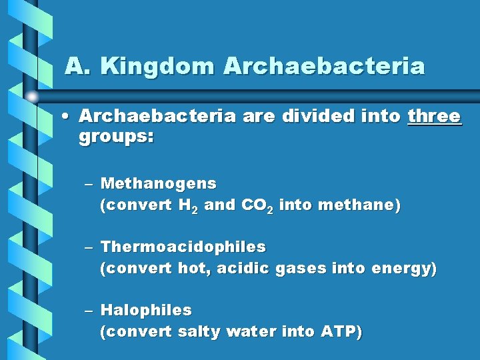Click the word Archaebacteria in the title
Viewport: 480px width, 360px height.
point(324,67)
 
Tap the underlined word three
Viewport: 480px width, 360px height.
point(434,116)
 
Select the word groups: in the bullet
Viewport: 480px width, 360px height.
point(116,137)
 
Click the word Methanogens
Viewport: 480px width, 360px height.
point(158,183)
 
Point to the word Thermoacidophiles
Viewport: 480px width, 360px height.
point(183,247)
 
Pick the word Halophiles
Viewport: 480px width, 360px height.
point(145,310)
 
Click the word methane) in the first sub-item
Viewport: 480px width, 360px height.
point(360,205)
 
